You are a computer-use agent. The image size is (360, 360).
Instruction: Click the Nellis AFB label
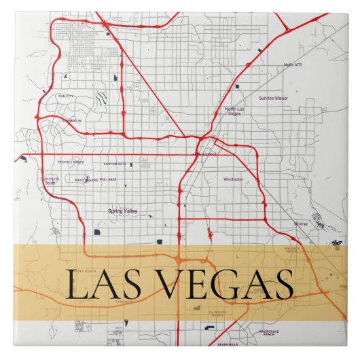click(x=293, y=65)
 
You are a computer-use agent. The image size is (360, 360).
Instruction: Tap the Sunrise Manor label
click(x=272, y=98)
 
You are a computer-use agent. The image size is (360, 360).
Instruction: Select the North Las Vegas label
click(x=233, y=111)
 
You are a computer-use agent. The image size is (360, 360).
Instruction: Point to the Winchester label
click(x=232, y=179)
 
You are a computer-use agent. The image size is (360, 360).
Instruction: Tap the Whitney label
click(x=301, y=223)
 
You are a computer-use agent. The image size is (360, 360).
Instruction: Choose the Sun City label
click(x=65, y=96)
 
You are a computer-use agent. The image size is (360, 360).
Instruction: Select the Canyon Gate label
click(x=114, y=164)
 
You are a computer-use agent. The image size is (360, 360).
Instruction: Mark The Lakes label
click(x=107, y=180)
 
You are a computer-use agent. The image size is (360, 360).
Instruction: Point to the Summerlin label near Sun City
click(x=71, y=121)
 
